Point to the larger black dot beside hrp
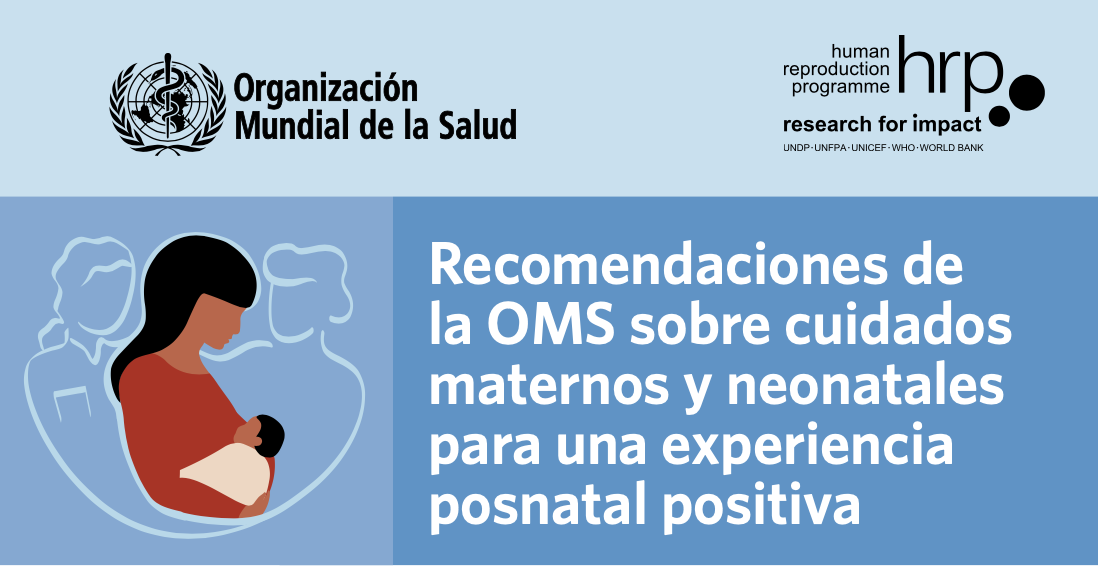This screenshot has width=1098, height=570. point(1027,92)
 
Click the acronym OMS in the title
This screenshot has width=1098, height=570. point(546,327)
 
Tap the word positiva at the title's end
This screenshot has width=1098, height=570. point(760,505)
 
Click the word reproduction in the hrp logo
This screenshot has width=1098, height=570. point(837,68)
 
